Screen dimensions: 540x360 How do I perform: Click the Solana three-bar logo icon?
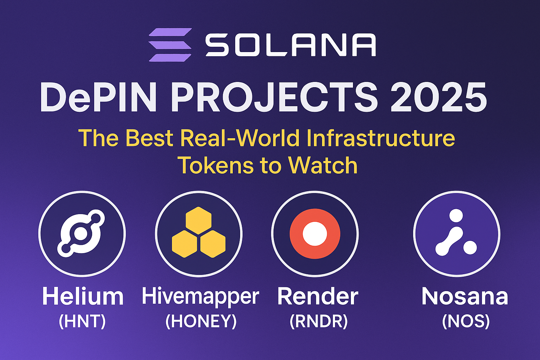click(x=170, y=45)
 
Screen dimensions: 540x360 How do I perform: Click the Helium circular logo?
click(x=82, y=234)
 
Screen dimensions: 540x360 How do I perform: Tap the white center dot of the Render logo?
click(x=315, y=234)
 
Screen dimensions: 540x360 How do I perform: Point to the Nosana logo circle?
click(x=457, y=234)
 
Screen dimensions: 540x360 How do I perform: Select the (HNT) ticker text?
click(x=83, y=321)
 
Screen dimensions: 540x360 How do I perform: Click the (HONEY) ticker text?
click(x=201, y=321)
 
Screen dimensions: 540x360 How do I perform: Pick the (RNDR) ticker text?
click(x=319, y=321)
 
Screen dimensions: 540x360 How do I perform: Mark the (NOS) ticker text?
click(x=466, y=321)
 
